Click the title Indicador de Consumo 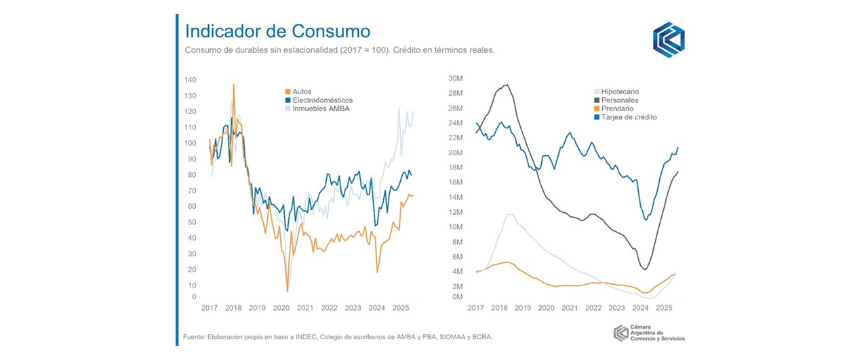coord(277,31)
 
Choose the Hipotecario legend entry coord(620,92)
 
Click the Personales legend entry coord(618,100)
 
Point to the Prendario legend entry coord(617,108)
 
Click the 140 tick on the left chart coord(190,80)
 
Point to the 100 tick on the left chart coord(190,143)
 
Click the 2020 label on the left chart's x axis coord(281,308)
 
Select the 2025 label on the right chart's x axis coord(663,308)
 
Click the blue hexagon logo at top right coord(668,40)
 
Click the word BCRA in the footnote coord(482,336)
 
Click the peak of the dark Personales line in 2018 coord(506,85)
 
